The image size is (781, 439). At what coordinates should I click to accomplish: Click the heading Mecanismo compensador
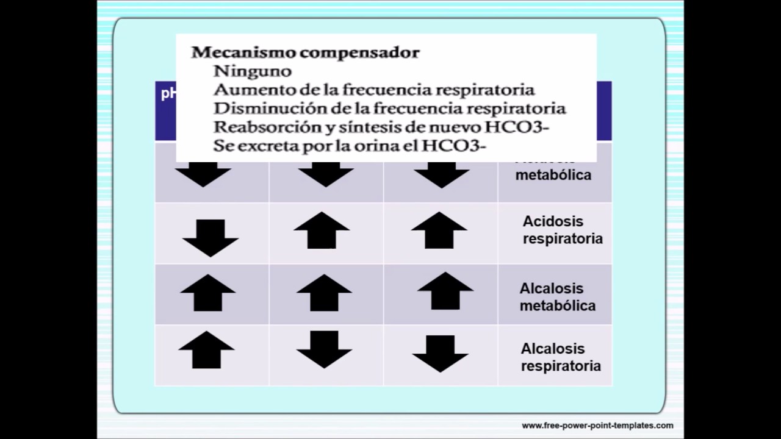[305, 52]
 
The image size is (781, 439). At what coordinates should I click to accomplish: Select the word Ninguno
[253, 71]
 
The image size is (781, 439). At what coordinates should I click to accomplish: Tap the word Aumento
[242, 90]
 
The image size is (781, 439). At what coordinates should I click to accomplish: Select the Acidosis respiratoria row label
[562, 230]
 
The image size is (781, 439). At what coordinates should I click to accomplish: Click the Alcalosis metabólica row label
[557, 297]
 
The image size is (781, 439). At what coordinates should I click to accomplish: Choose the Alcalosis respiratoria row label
[560, 357]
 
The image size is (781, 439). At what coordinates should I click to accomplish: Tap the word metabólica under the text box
[553, 176]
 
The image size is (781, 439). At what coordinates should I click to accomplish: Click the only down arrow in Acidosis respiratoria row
[210, 238]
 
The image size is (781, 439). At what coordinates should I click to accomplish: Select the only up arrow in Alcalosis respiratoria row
[206, 350]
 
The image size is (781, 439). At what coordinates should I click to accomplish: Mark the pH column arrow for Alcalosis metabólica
[207, 293]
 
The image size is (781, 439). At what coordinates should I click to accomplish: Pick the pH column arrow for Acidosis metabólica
[203, 176]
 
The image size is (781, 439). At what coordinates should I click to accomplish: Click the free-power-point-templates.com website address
[597, 426]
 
